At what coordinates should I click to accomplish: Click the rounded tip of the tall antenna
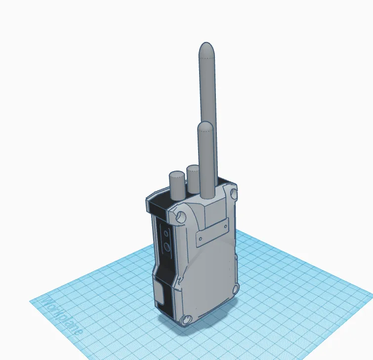coord(207,50)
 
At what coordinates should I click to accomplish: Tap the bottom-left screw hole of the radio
coord(186,320)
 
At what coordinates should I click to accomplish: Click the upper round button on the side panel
coord(166,232)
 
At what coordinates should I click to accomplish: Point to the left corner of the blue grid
coord(31,301)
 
